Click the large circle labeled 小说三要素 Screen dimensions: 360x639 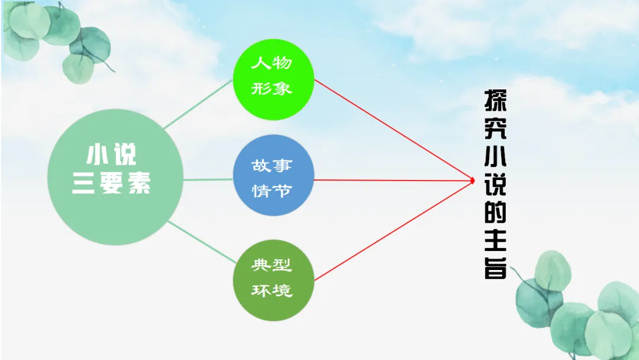pyautogui.click(x=115, y=177)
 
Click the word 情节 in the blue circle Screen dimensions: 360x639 pyautogui.click(x=272, y=191)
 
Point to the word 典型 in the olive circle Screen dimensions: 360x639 pyautogui.click(x=272, y=265)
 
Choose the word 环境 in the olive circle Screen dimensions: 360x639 pyautogui.click(x=272, y=291)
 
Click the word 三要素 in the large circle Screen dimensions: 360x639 pyautogui.click(x=111, y=185)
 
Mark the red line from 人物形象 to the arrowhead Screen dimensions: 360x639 pyautogui.click(x=393, y=130)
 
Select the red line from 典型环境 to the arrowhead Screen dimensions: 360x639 pyautogui.click(x=393, y=230)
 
